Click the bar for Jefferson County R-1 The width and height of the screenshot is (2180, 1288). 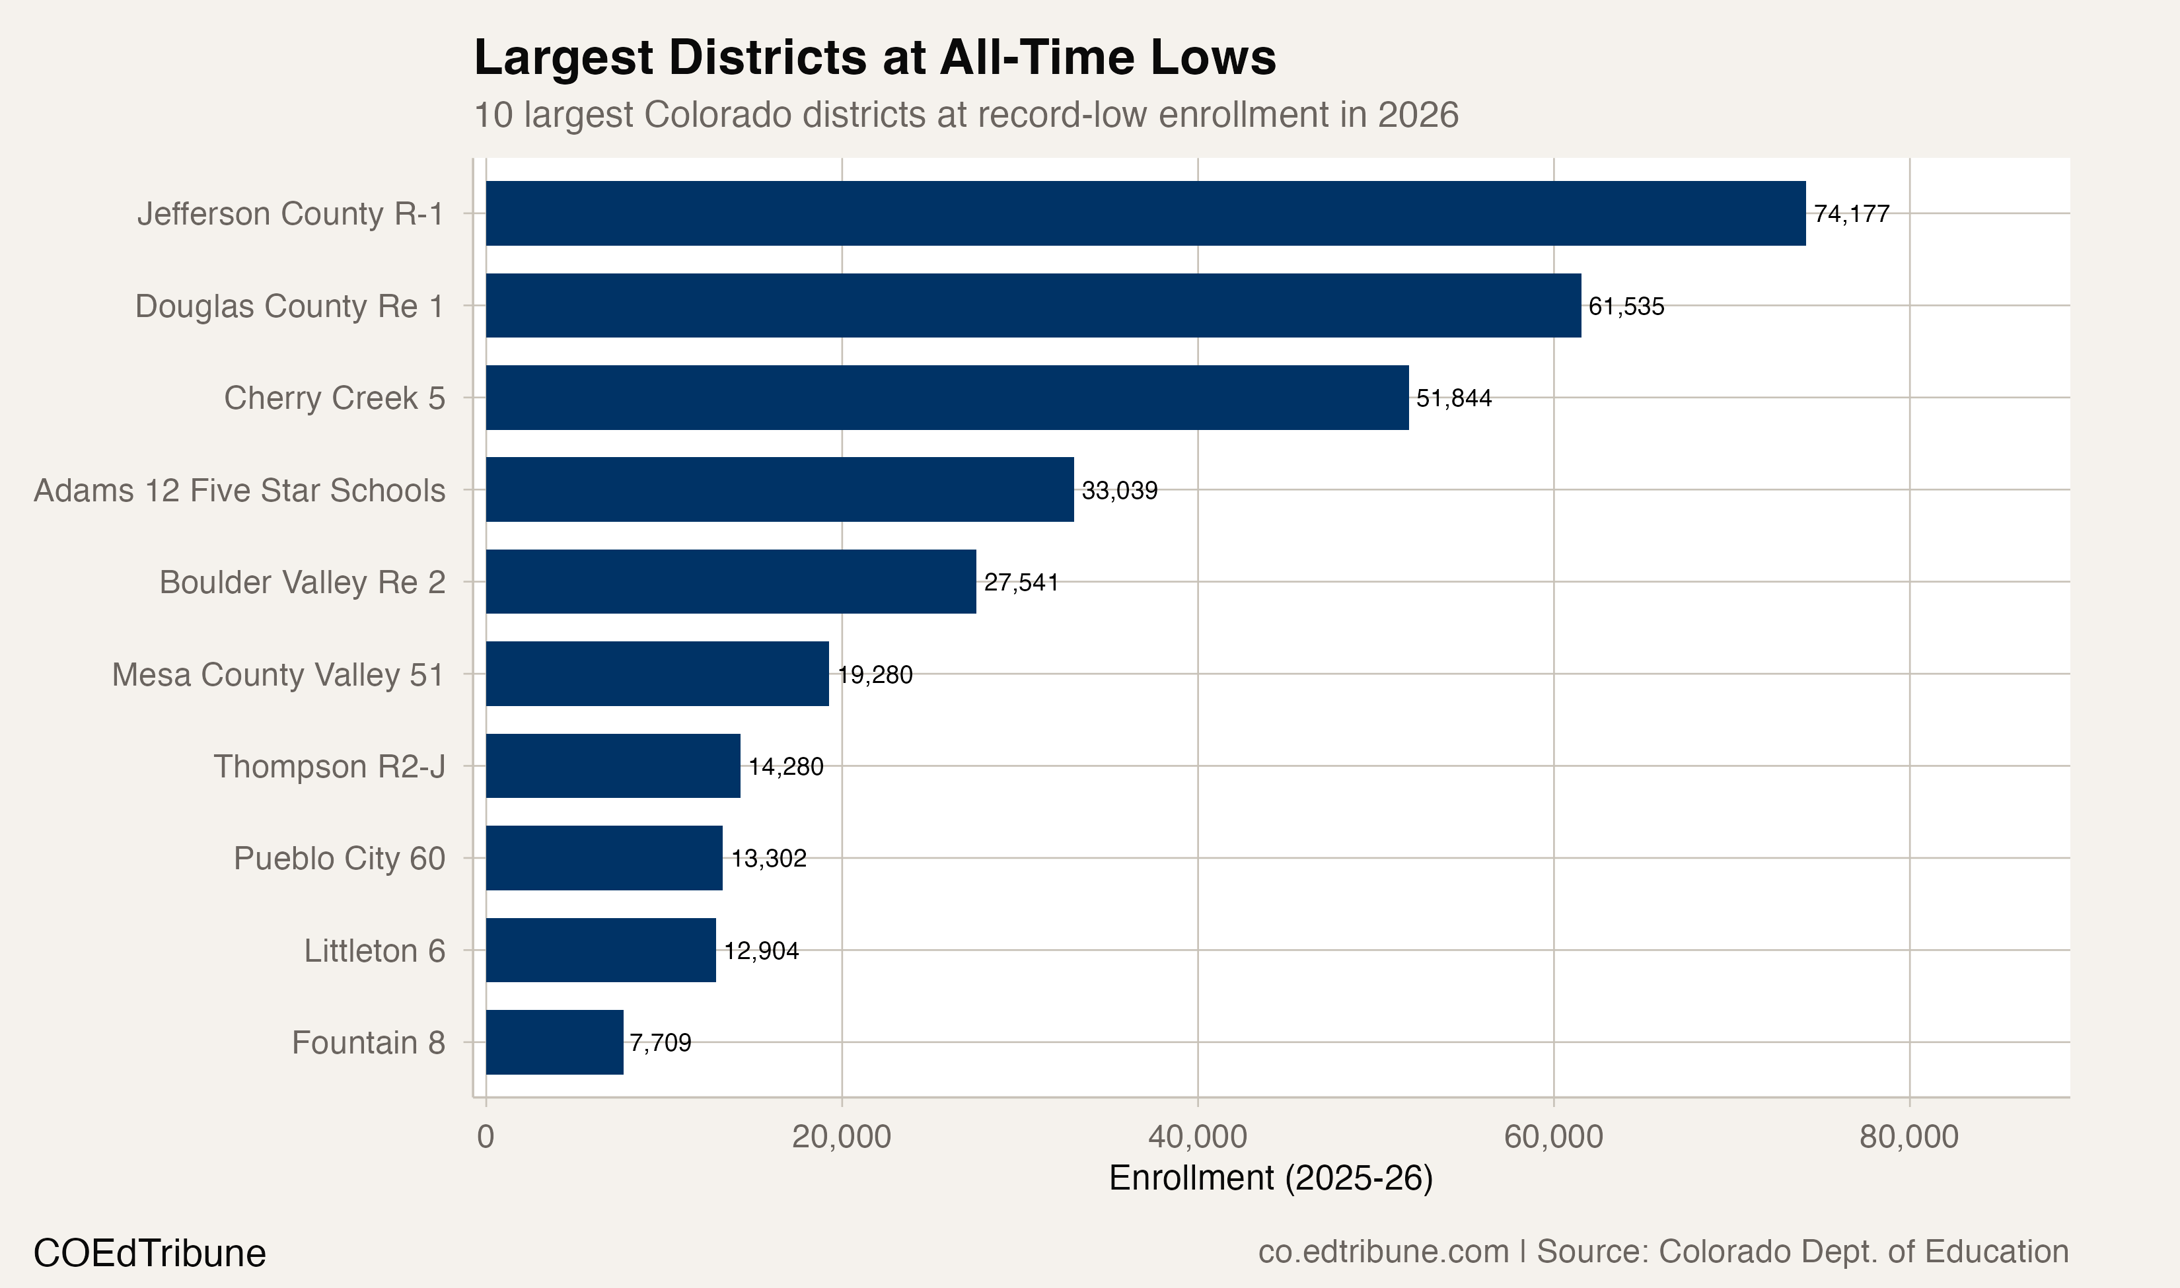pyautogui.click(x=1145, y=213)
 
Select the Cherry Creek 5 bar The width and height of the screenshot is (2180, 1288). pyautogui.click(x=947, y=398)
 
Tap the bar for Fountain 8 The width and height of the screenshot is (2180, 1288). pyautogui.click(x=554, y=1042)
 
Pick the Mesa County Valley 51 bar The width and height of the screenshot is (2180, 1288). pyautogui.click(x=657, y=674)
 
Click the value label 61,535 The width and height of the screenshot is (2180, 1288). pyautogui.click(x=1626, y=306)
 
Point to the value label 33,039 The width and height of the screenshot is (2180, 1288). pyautogui.click(x=1120, y=490)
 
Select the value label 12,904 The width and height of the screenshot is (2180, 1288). pyautogui.click(x=761, y=950)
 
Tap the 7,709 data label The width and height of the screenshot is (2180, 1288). pyautogui.click(x=661, y=1042)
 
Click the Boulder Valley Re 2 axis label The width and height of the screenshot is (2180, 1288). pyautogui.click(x=302, y=583)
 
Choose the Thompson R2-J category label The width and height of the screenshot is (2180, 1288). pyautogui.click(x=330, y=766)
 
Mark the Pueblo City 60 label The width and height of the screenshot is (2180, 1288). pyautogui.click(x=340, y=859)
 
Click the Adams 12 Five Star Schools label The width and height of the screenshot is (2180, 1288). pyautogui.click(x=240, y=490)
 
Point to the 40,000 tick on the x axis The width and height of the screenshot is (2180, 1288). pyautogui.click(x=1198, y=1136)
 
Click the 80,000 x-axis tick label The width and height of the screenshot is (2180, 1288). pyautogui.click(x=1908, y=1136)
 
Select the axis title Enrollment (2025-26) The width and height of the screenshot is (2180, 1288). pyautogui.click(x=1270, y=1178)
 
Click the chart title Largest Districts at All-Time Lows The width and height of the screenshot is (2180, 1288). pyautogui.click(x=875, y=58)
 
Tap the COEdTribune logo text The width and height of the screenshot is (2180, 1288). pyautogui.click(x=149, y=1253)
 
